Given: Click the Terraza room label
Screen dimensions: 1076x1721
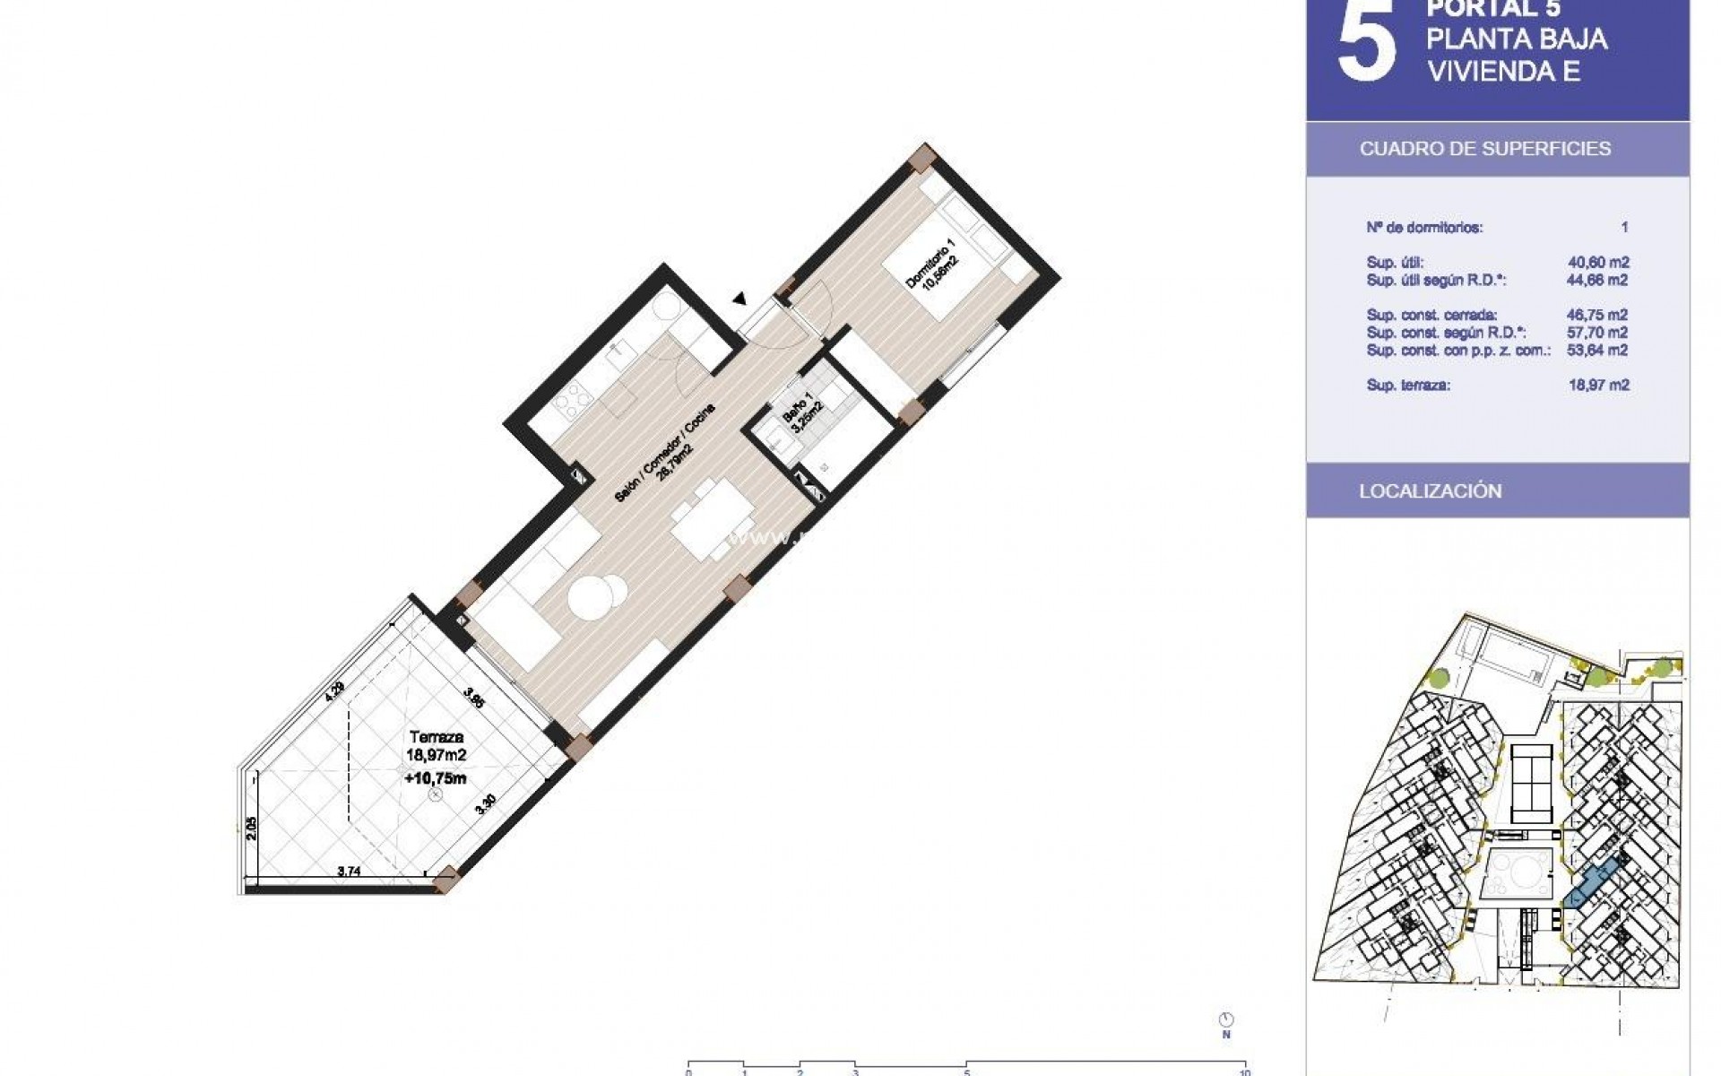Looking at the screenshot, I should click(436, 737).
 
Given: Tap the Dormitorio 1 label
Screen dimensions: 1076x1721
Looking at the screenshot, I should click(932, 262).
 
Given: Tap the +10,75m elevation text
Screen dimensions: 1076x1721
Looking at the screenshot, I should click(436, 778).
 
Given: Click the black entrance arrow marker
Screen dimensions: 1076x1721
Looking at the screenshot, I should click(739, 299).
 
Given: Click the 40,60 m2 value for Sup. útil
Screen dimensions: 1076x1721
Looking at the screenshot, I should click(1598, 263).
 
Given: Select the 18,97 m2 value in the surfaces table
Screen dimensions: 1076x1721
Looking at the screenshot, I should click(1598, 386).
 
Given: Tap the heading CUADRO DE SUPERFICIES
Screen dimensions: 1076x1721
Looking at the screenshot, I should click(1484, 149).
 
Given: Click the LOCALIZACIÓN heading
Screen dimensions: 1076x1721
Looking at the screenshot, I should click(1430, 491).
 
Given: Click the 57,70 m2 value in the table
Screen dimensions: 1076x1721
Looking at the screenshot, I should click(1598, 333).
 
